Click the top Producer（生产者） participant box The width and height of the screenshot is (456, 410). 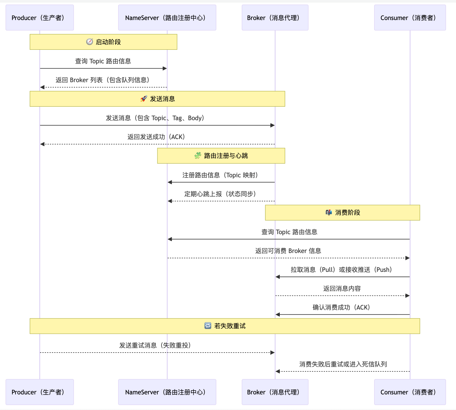(x=40, y=18)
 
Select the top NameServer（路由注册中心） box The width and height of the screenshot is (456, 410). (x=167, y=18)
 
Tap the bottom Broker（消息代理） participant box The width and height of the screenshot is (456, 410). (x=275, y=392)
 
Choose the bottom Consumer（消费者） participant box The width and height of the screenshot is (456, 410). (x=410, y=392)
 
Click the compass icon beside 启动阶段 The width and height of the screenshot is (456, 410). (x=89, y=42)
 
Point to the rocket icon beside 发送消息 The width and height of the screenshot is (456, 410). (x=144, y=99)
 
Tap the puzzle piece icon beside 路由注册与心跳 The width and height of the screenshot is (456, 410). (x=198, y=156)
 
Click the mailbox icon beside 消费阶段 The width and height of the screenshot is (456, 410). (x=329, y=212)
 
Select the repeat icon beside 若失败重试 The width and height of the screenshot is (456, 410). (x=208, y=326)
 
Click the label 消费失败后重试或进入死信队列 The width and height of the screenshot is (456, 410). (x=343, y=364)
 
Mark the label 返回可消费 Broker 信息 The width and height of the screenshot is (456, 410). (x=288, y=251)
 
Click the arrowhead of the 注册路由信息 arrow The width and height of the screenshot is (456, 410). (x=170, y=182)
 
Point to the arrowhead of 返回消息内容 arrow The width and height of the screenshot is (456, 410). (x=407, y=296)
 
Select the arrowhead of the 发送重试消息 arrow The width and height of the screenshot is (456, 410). (x=272, y=353)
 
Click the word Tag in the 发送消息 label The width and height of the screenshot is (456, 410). (x=177, y=118)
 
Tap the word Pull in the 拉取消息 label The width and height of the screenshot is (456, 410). (x=327, y=270)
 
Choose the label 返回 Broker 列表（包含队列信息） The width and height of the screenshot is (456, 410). (x=103, y=80)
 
